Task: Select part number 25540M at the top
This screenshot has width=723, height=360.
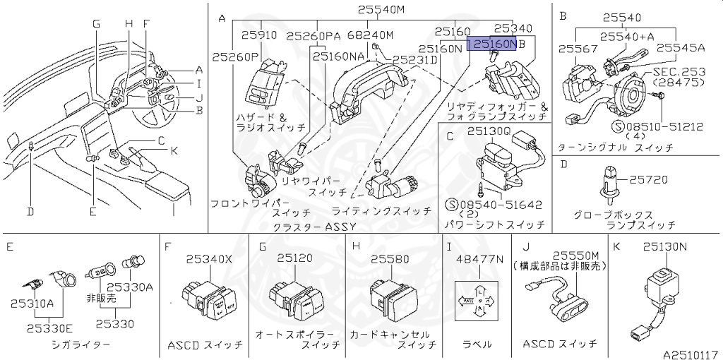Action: click(x=381, y=10)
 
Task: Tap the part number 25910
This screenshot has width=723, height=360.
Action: click(x=258, y=34)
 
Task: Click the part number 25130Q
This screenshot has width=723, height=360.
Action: click(x=487, y=130)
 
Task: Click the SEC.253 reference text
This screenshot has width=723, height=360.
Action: click(x=679, y=71)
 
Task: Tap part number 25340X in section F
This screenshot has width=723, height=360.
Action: click(x=208, y=258)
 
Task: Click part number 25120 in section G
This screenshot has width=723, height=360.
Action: click(x=294, y=258)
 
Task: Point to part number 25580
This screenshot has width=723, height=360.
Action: click(x=390, y=258)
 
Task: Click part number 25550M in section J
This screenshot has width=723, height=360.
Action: click(x=575, y=254)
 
